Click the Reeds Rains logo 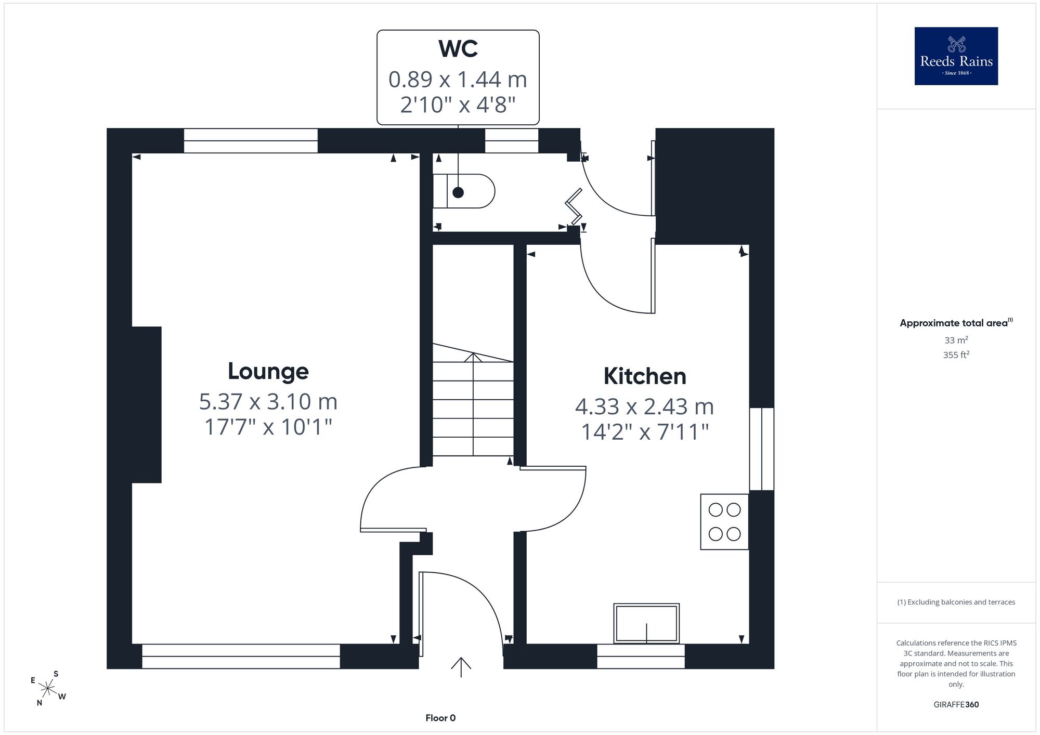pyautogui.click(x=956, y=56)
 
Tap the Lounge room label pyautogui.click(x=268, y=371)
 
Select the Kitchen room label pyautogui.click(x=645, y=376)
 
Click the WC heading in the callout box pyautogui.click(x=458, y=49)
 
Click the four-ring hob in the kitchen pyautogui.click(x=724, y=521)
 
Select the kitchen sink pyautogui.click(x=646, y=623)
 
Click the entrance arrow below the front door pyautogui.click(x=461, y=667)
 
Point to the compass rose pyautogui.click(x=48, y=689)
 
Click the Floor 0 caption pyautogui.click(x=440, y=718)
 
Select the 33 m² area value pyautogui.click(x=956, y=340)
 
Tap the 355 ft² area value pyautogui.click(x=956, y=355)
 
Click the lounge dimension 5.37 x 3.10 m pyautogui.click(x=268, y=401)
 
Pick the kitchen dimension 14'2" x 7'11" pyautogui.click(x=645, y=432)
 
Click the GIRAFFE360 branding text pyautogui.click(x=956, y=705)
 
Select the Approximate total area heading pyautogui.click(x=956, y=323)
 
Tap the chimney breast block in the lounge pyautogui.click(x=147, y=405)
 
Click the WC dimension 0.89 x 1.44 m pyautogui.click(x=458, y=80)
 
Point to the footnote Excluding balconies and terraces pyautogui.click(x=956, y=602)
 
